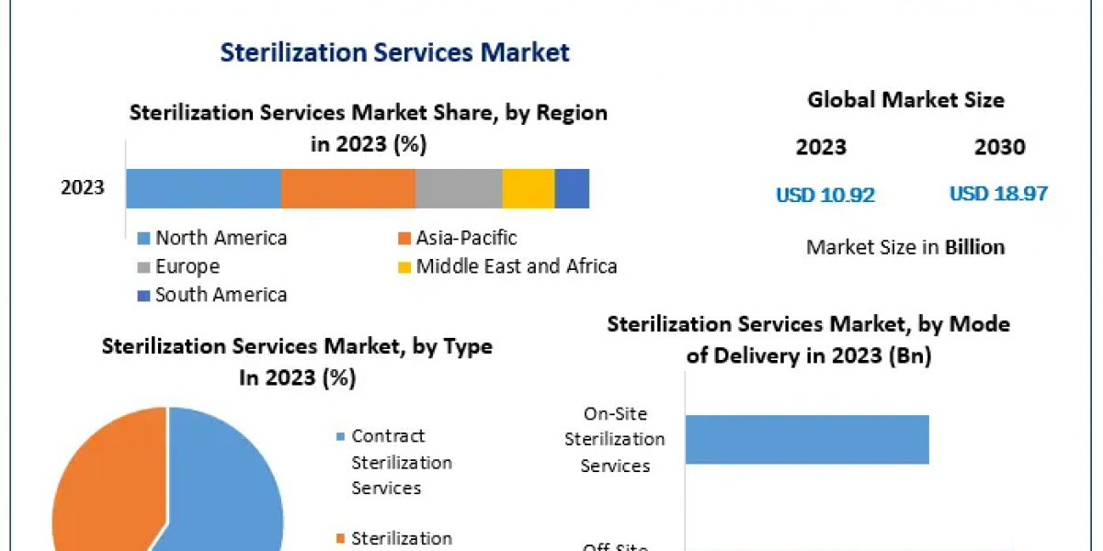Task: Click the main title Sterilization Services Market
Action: pos(394,52)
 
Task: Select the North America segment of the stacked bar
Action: pos(202,188)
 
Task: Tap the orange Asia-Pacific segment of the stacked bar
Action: pos(347,188)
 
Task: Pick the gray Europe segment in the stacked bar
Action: pos(459,188)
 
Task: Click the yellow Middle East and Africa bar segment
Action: pos(529,188)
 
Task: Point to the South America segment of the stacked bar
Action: pos(572,188)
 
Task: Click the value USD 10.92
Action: pos(824,195)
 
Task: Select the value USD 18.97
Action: pos(998,194)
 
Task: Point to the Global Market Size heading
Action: pos(905,99)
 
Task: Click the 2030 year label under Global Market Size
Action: pos(999,147)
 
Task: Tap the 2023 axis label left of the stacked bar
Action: pos(83,188)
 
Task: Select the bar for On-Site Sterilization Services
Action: pos(807,440)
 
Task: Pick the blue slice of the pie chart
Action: pos(230,496)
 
